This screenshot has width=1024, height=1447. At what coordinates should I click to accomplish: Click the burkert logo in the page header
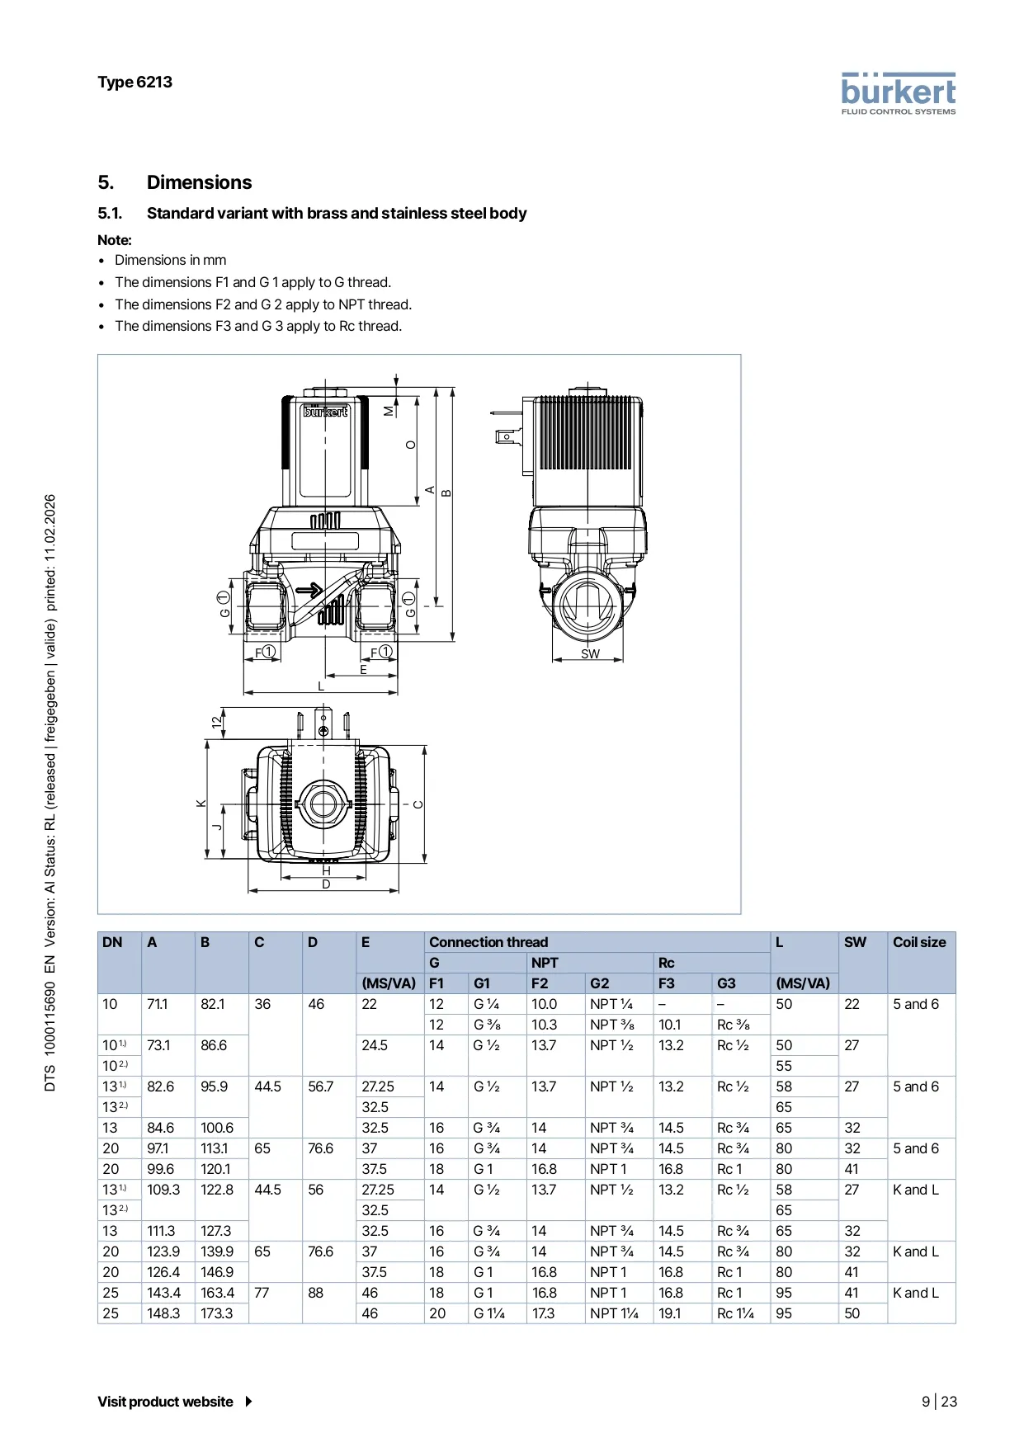(x=898, y=93)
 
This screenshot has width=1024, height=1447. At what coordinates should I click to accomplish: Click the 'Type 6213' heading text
(x=134, y=82)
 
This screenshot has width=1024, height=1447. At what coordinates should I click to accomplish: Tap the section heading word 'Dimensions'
(x=199, y=182)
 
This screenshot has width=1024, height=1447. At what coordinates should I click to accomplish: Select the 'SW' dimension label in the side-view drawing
(x=590, y=654)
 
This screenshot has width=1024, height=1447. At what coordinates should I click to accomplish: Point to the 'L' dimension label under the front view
(x=321, y=686)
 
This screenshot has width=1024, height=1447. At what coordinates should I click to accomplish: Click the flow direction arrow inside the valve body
(x=309, y=590)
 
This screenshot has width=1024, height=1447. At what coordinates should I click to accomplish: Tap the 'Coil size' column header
(x=919, y=942)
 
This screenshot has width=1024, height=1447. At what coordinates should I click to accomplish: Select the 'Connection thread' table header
(x=488, y=942)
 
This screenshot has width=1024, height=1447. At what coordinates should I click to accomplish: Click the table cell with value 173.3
(x=217, y=1313)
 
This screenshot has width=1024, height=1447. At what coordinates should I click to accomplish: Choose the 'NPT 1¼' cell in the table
(x=614, y=1313)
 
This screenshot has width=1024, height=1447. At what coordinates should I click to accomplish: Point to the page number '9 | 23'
(x=939, y=1402)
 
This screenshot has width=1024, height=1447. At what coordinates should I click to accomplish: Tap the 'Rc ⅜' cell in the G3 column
(x=733, y=1025)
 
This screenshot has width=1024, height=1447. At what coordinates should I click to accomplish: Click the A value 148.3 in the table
(x=163, y=1313)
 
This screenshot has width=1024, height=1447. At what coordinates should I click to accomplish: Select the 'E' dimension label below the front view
(x=363, y=670)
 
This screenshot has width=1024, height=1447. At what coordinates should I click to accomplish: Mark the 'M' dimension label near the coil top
(x=389, y=411)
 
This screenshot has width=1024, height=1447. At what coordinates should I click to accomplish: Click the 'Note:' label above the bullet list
(x=115, y=240)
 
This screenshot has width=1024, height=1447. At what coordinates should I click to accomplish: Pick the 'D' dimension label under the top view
(x=326, y=884)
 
